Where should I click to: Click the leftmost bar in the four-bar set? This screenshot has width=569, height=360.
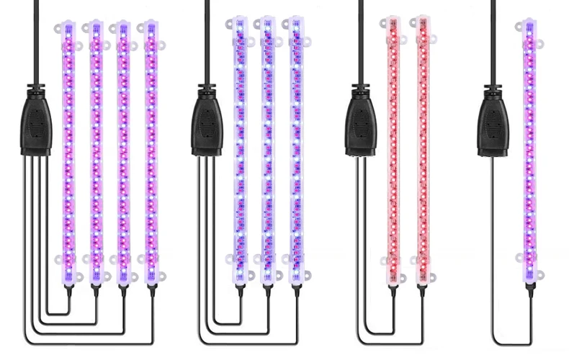(69, 151)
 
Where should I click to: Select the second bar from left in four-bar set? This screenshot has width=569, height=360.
(97, 151)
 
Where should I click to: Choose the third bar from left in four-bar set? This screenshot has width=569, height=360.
(123, 151)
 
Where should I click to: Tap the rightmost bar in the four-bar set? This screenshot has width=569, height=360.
(151, 151)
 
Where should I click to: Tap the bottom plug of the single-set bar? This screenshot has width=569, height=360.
(530, 289)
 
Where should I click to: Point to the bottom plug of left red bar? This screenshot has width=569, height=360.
(393, 289)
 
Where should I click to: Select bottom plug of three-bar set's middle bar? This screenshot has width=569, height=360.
(267, 289)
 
